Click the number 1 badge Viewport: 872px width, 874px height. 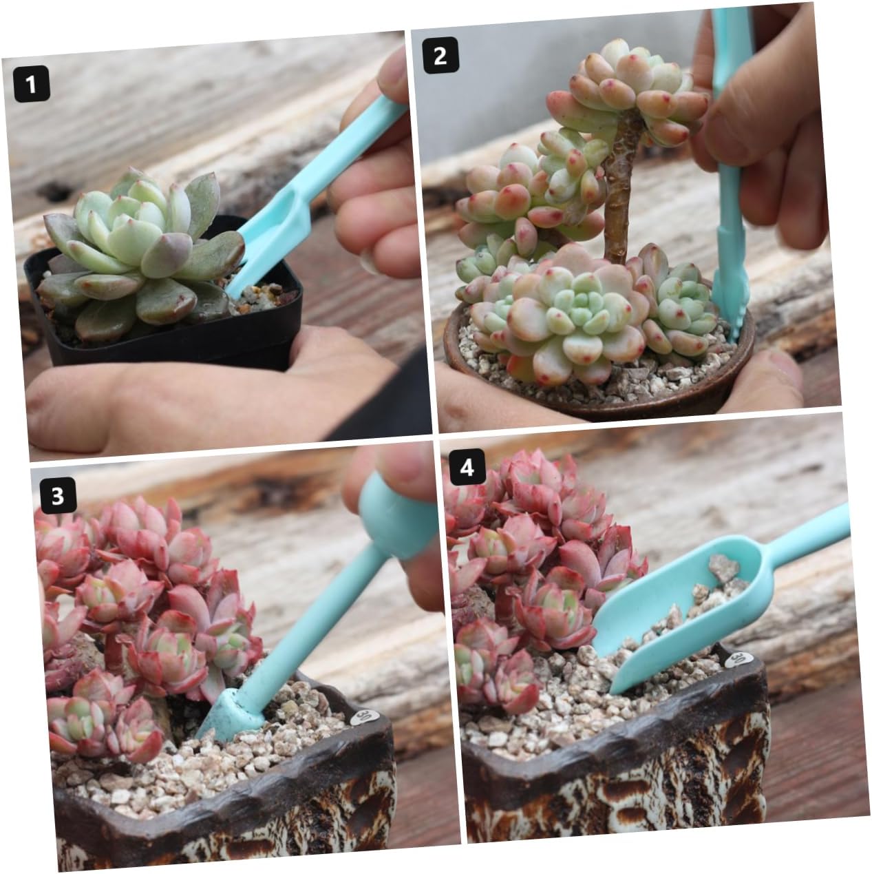click(31, 84)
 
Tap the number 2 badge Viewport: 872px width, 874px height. click(440, 55)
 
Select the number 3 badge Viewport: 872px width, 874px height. click(58, 495)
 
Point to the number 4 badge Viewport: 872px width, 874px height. click(467, 467)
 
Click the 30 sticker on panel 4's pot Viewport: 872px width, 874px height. click(738, 659)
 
